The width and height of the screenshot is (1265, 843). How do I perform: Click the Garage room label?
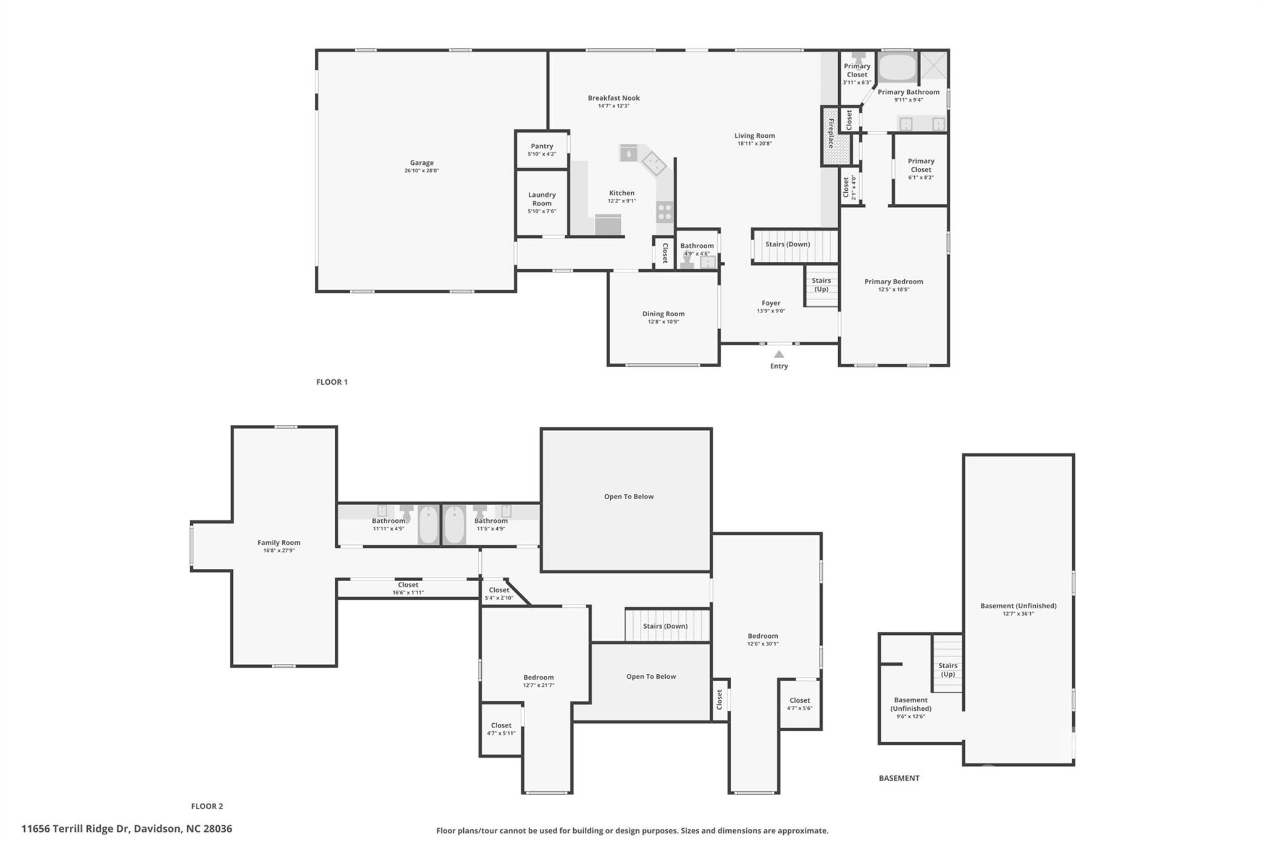[x=422, y=163]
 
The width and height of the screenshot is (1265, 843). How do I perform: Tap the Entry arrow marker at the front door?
[x=779, y=354]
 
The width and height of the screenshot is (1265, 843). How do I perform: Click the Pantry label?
[x=542, y=146]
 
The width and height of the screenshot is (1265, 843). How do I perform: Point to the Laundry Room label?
[x=542, y=199]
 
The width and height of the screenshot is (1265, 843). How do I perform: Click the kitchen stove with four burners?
[x=665, y=212]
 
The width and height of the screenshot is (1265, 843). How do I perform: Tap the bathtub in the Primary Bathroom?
[x=897, y=68]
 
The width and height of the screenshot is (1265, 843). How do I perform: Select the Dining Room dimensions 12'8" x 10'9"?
[x=663, y=322]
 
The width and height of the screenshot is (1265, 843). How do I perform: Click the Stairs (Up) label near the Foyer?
[x=821, y=285]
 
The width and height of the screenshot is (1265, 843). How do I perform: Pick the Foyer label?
[x=771, y=303]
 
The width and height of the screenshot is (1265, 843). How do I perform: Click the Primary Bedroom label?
[x=894, y=282]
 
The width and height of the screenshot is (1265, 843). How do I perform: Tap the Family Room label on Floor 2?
[x=279, y=543]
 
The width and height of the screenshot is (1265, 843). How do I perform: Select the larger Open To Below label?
[x=629, y=497]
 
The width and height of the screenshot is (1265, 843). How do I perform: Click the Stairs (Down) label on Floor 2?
[x=665, y=626]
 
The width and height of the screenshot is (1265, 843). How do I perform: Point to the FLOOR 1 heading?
[x=332, y=382]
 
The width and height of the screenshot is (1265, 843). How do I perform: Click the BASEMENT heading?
[x=899, y=778]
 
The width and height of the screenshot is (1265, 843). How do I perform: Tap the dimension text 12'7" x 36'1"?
[x=1019, y=614]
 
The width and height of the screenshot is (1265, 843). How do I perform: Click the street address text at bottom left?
[x=127, y=829]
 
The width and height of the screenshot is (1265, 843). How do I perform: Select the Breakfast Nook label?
[x=613, y=98]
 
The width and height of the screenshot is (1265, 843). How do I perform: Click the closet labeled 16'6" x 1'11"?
[x=408, y=589]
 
